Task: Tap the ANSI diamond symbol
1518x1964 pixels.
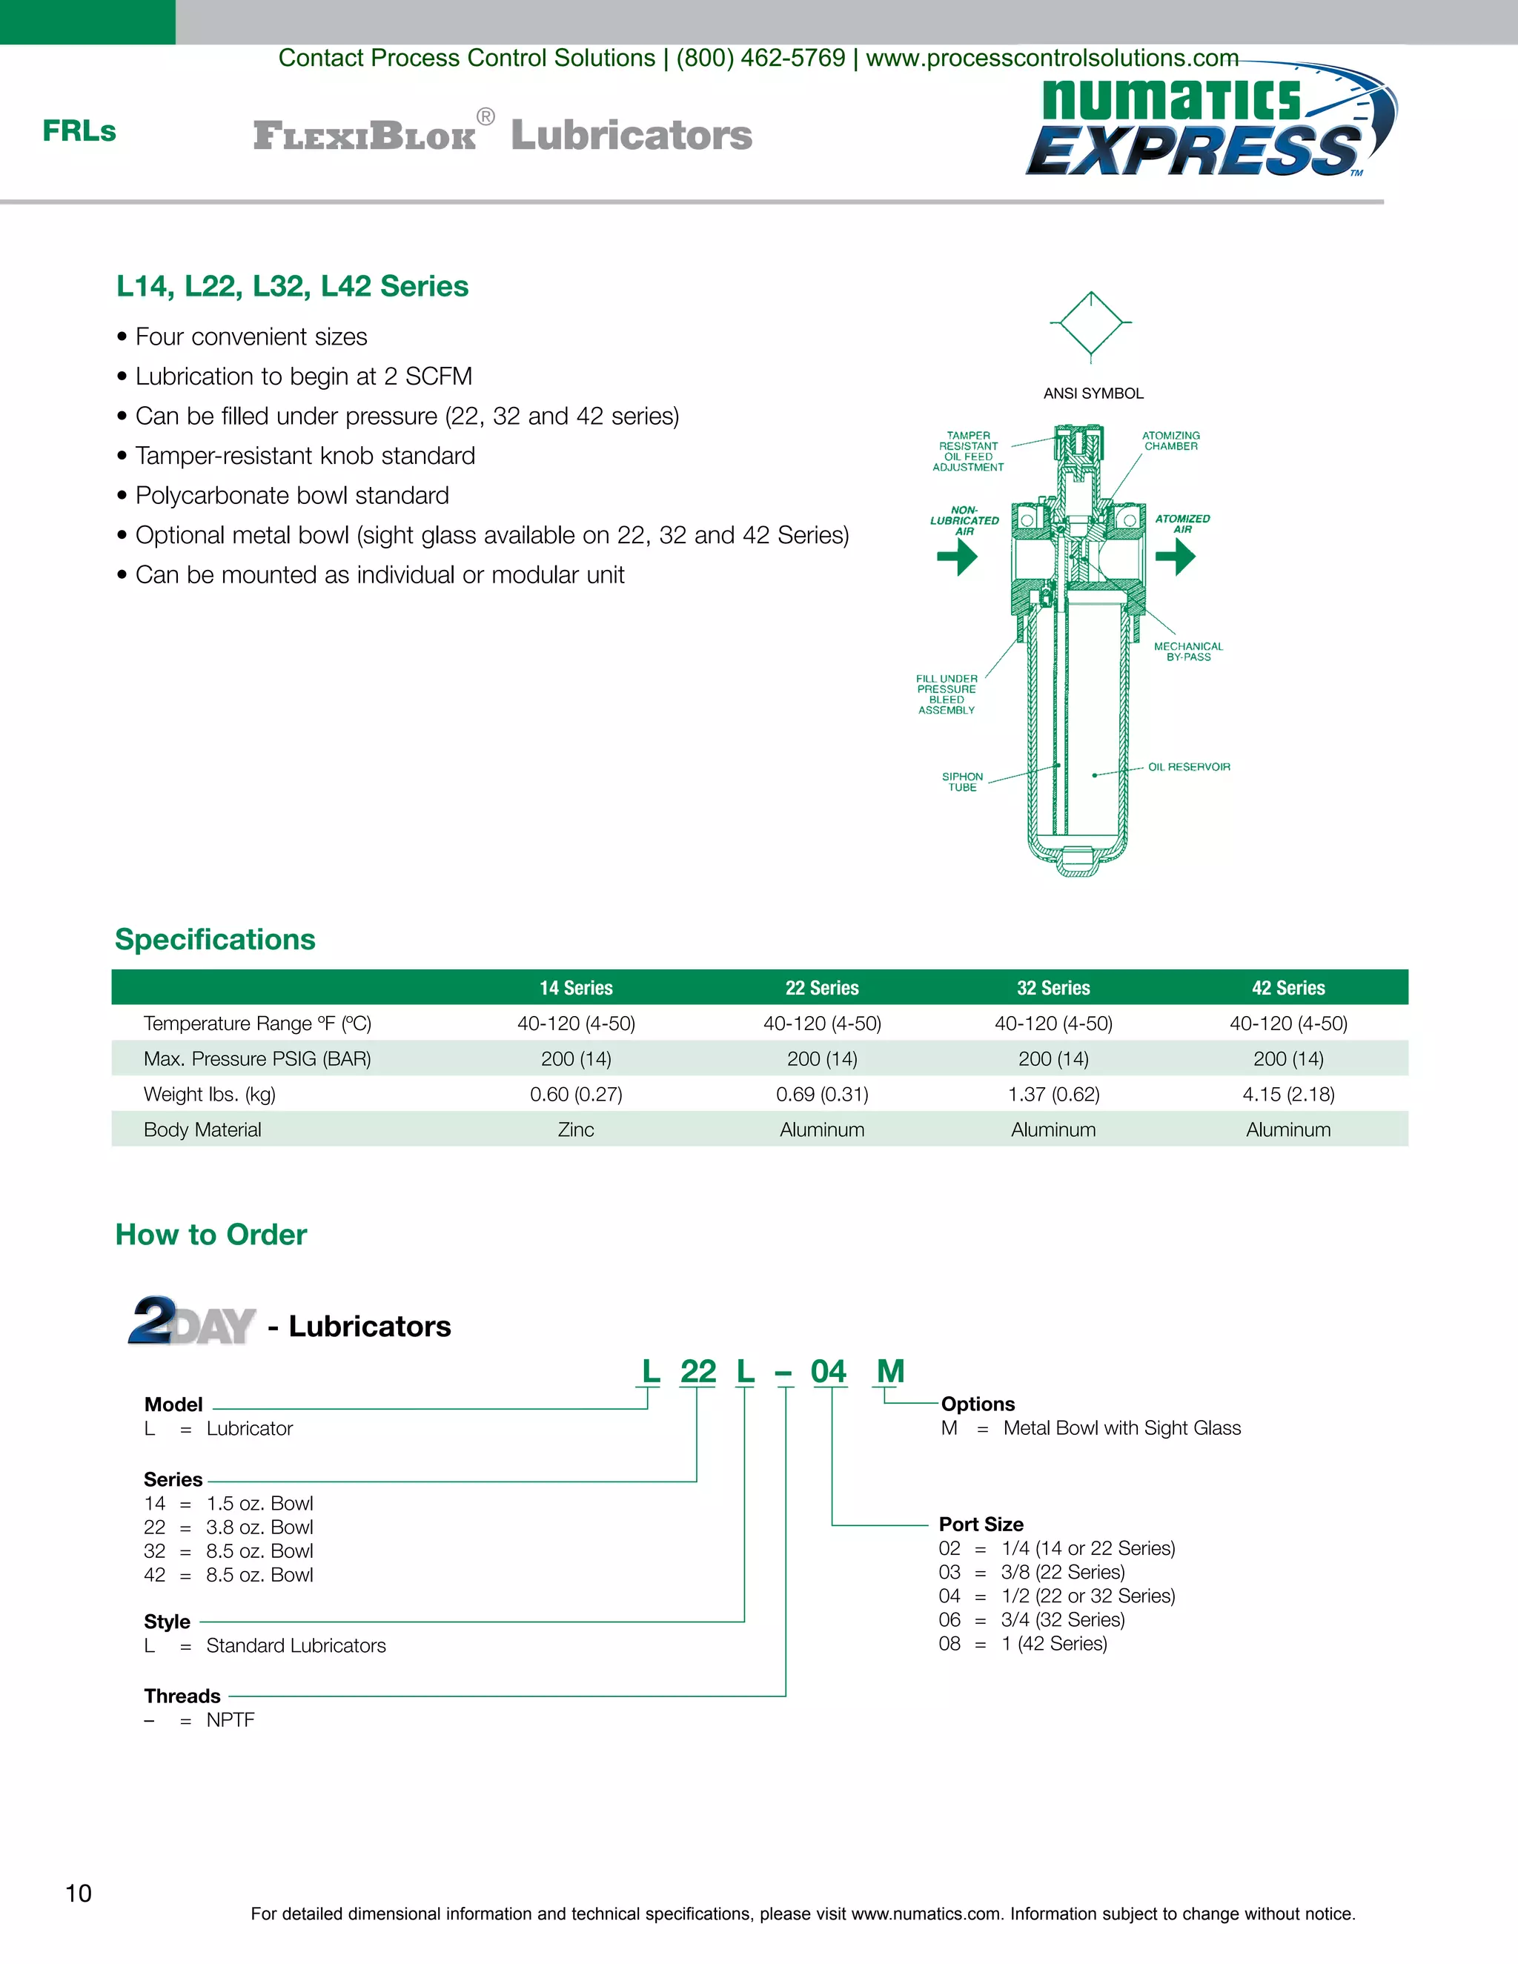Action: [1091, 324]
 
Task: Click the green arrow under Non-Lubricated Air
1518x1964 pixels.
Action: [958, 557]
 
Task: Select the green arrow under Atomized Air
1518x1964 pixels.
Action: [1175, 557]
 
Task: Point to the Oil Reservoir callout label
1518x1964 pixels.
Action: [1189, 767]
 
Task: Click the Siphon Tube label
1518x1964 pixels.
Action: [962, 781]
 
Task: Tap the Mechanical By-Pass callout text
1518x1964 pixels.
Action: [1188, 652]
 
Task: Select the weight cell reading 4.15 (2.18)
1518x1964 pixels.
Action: [1287, 1095]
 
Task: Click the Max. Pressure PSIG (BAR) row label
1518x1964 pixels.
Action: [257, 1059]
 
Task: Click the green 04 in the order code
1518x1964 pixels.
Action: [828, 1371]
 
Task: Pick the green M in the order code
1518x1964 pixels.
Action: [890, 1371]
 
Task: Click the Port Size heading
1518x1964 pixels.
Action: [981, 1525]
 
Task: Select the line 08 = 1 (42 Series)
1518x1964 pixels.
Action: [1022, 1644]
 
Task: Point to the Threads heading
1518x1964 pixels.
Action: [182, 1696]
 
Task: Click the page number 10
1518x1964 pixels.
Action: [79, 1894]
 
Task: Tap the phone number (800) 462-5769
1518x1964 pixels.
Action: [760, 59]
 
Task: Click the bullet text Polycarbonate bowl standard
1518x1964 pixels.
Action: [291, 496]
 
